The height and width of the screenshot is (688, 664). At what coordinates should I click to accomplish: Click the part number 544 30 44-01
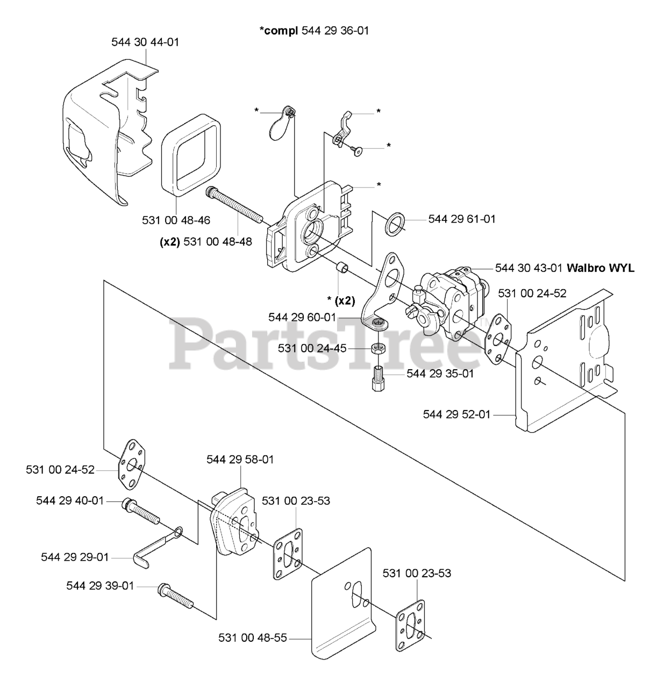tap(145, 42)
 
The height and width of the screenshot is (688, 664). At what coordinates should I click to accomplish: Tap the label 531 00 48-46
tap(176, 220)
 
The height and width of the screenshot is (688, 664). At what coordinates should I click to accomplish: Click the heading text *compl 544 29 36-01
tap(315, 31)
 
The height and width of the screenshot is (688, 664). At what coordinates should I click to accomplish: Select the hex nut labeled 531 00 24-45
tap(379, 348)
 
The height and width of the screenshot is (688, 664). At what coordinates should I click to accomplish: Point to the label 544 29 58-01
tap(240, 460)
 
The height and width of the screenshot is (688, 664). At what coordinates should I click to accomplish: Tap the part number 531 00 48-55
tap(252, 638)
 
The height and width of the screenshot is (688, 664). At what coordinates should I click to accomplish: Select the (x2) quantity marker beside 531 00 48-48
tap(169, 242)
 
